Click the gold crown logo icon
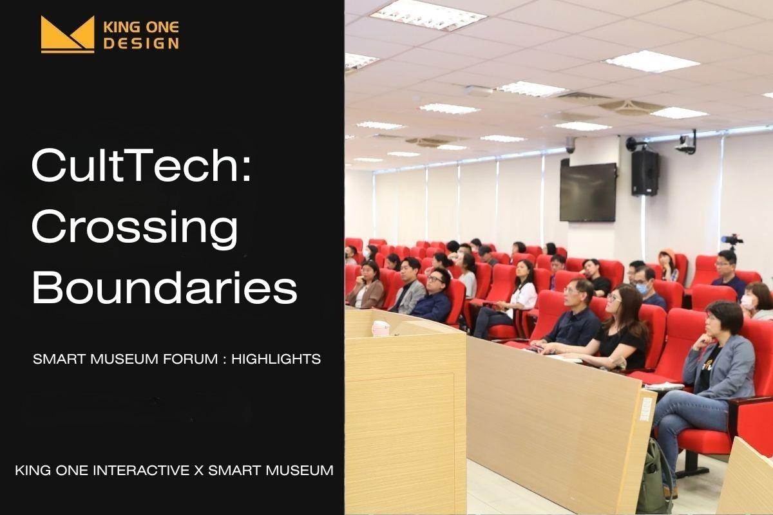[x=68, y=35]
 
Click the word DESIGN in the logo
[x=142, y=44]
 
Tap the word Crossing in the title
[x=135, y=228]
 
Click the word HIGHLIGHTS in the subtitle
[x=276, y=359]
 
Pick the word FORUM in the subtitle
[x=190, y=359]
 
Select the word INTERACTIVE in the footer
[x=142, y=471]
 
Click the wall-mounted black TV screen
[x=587, y=192]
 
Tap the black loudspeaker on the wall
[x=645, y=173]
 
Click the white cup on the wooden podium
[x=380, y=328]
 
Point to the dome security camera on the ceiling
[x=571, y=145]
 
